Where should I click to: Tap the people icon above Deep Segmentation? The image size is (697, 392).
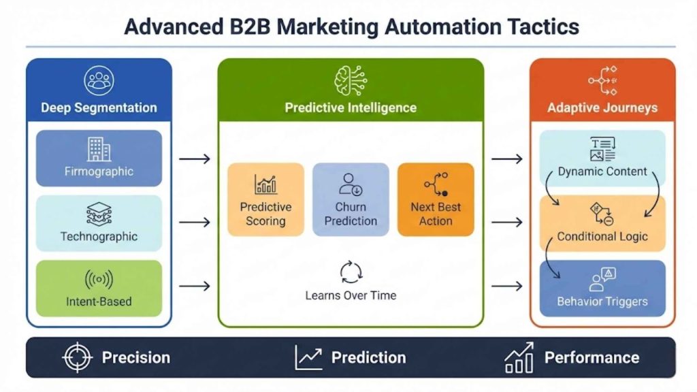pyautogui.click(x=99, y=80)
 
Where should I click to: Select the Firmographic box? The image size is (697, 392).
pyautogui.click(x=99, y=158)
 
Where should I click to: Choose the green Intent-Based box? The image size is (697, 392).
pyautogui.click(x=99, y=288)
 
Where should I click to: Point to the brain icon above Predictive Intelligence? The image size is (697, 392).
pyautogui.click(x=351, y=80)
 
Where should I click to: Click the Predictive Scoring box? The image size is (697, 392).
pyautogui.click(x=265, y=199)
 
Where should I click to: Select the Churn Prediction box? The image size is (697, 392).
pyautogui.click(x=351, y=199)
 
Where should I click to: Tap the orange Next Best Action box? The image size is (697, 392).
pyautogui.click(x=436, y=199)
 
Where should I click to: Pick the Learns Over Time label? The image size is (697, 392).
pyautogui.click(x=351, y=295)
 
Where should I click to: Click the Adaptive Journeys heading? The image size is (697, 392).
pyautogui.click(x=602, y=108)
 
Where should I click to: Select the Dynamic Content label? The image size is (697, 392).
pyautogui.click(x=602, y=171)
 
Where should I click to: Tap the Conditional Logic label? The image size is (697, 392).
pyautogui.click(x=602, y=237)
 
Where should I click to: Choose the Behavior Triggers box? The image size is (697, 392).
pyautogui.click(x=602, y=289)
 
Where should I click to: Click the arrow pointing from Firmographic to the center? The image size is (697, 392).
pyautogui.click(x=195, y=159)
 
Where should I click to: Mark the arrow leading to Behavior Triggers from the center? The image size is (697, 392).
pyautogui.click(x=506, y=286)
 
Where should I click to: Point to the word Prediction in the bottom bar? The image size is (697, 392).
pyautogui.click(x=368, y=357)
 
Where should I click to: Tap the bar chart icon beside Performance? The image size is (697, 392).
pyautogui.click(x=519, y=357)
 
